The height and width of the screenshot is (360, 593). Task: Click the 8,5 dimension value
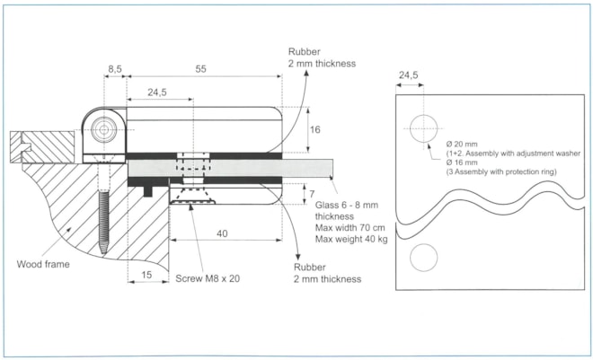113,68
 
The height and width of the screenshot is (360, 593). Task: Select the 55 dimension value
203,68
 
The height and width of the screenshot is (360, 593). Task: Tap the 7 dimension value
311,193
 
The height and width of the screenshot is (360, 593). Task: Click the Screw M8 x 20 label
208,278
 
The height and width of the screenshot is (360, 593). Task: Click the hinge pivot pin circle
105,128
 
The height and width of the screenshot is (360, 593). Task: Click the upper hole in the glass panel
422,128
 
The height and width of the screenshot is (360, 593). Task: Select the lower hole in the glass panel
423,259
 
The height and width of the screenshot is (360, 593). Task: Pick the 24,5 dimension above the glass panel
408,76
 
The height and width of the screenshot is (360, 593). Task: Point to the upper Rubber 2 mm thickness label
321,57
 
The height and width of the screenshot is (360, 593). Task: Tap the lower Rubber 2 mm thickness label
329,273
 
